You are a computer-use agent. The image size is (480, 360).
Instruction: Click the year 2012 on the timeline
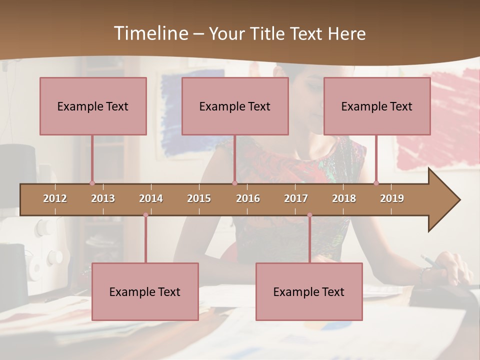point(55,198)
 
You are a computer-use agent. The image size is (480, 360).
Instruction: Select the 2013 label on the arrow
point(103,198)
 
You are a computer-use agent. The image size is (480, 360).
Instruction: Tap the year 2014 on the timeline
point(151,198)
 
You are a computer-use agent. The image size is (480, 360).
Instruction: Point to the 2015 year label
point(199,198)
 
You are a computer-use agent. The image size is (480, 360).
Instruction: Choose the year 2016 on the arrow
point(248,198)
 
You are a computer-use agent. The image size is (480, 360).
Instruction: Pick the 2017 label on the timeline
point(296,198)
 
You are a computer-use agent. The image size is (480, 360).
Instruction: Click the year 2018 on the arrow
point(344,198)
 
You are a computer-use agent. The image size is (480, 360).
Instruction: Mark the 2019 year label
point(392,198)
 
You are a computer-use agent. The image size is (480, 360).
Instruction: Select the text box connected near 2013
point(93,106)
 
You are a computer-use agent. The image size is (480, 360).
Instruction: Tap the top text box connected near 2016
point(235,106)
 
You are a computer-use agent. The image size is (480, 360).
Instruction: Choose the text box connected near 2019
point(377,106)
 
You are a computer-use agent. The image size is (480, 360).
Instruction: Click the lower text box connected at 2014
point(145,291)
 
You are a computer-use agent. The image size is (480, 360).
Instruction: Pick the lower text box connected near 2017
point(309,291)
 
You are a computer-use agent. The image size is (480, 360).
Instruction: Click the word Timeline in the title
point(150,33)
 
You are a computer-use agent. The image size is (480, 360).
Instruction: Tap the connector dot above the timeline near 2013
point(92,183)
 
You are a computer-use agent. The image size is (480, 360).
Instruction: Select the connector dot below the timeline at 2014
point(145,215)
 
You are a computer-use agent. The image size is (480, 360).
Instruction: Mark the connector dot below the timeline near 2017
point(309,215)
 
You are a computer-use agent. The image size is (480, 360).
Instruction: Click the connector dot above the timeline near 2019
point(376,183)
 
